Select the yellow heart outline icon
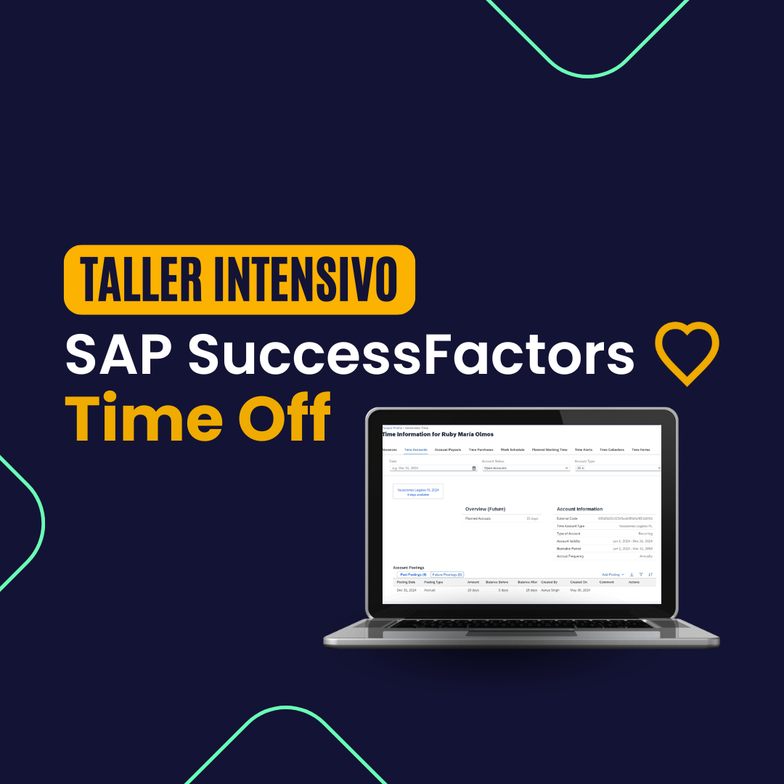[687, 353]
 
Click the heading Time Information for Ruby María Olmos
[438, 434]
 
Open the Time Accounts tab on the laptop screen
[416, 450]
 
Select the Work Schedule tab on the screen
[513, 450]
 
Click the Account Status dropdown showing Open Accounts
[526, 468]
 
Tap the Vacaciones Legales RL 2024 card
[418, 491]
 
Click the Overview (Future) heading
[485, 509]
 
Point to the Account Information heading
[579, 509]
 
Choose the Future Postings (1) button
[447, 574]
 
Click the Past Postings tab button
[414, 574]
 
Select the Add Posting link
[612, 574]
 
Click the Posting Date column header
[406, 582]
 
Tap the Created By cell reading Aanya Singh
[550, 590]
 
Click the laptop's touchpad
[521, 634]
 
